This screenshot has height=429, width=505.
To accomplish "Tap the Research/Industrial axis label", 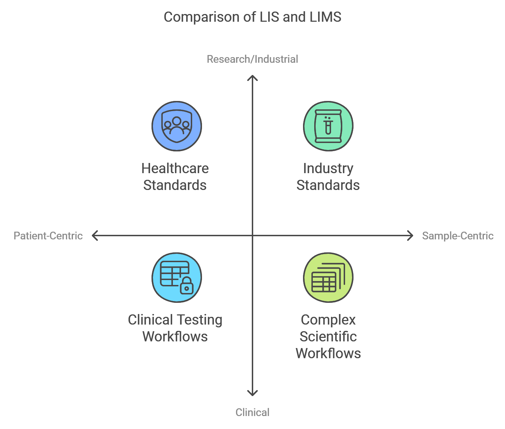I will click(x=252, y=59).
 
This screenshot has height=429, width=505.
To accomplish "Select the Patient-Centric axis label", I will click(x=48, y=236).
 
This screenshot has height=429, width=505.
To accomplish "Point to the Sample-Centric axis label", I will click(x=458, y=236).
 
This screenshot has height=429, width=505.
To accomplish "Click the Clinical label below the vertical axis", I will click(x=252, y=413).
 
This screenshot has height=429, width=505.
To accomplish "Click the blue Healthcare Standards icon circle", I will click(x=177, y=126).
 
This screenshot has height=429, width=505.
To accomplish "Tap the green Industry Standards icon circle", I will click(x=328, y=126).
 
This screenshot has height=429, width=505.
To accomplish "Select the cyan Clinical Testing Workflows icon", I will click(x=177, y=278).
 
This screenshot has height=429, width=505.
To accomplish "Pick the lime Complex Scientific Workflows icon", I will click(x=328, y=278).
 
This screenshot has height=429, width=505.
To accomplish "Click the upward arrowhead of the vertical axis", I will click(x=252, y=77).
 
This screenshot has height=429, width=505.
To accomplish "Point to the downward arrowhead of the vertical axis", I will click(x=252, y=394).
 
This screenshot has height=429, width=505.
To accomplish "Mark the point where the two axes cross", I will click(x=252, y=236).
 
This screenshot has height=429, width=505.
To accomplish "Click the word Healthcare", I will click(x=175, y=169).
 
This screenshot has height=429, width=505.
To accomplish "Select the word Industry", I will click(x=328, y=169).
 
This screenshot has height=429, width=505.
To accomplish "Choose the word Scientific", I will click(x=328, y=337).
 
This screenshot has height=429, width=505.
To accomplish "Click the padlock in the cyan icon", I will click(x=187, y=286).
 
